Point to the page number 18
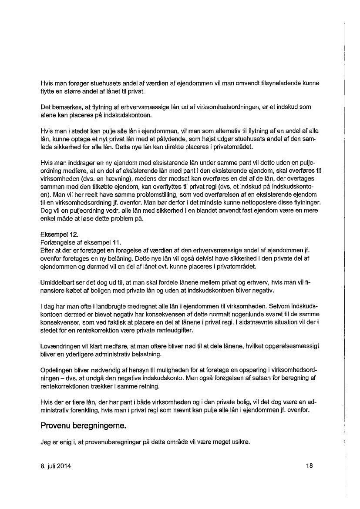click(310, 466)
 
